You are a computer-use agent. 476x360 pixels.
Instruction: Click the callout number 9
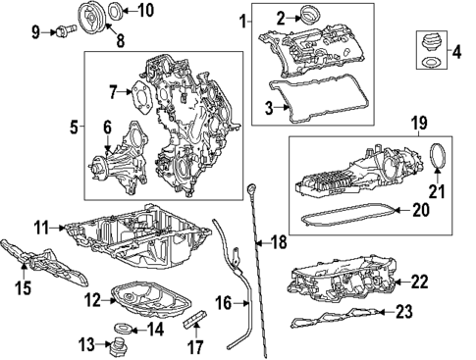coord(35,31)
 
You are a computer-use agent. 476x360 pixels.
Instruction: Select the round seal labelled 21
coord(440,160)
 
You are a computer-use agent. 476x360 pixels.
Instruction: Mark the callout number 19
coord(418,124)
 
